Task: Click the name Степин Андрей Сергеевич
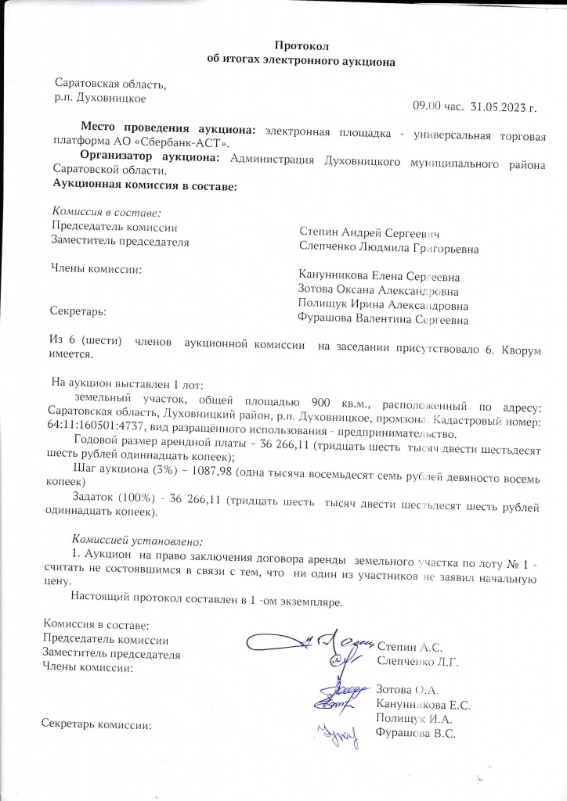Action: (368, 233)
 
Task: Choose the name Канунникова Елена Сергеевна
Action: (379, 276)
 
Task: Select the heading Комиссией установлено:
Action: (137, 540)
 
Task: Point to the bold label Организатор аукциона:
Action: (152, 157)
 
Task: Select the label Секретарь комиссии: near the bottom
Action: (95, 724)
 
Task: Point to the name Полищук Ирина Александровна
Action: (384, 305)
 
